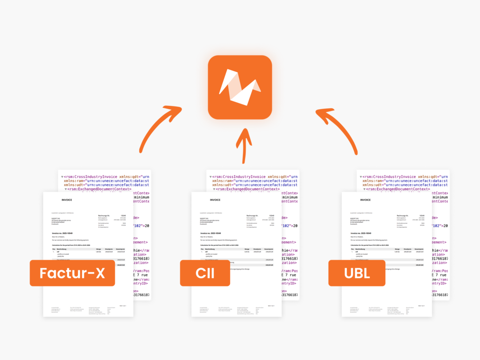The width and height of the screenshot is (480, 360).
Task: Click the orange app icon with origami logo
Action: (x=240, y=87)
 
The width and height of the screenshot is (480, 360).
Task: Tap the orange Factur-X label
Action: (x=72, y=273)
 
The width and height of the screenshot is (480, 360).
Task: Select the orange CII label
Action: (x=205, y=273)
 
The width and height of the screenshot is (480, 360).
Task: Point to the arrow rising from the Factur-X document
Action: (x=157, y=127)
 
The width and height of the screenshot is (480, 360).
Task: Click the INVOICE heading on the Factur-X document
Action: (x=67, y=200)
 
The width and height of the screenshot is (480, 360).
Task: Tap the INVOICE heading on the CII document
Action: (x=215, y=200)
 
